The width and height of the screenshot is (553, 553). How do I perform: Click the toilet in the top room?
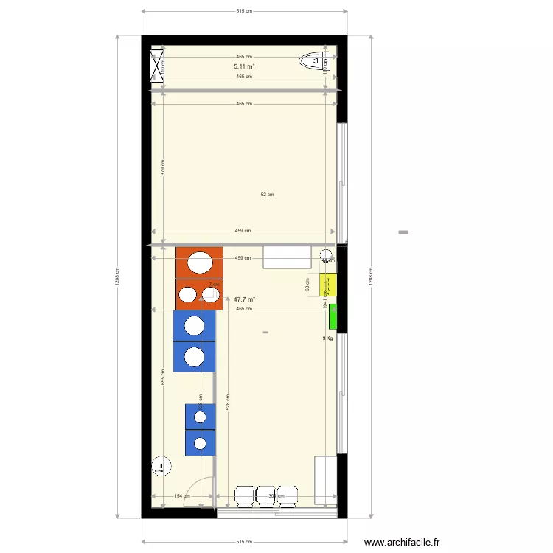[317, 60]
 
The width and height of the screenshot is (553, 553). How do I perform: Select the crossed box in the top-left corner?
[159, 63]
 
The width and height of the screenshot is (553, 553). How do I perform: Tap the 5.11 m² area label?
[245, 66]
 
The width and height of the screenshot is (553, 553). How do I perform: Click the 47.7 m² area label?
[245, 299]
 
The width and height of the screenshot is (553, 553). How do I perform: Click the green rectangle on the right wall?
[333, 316]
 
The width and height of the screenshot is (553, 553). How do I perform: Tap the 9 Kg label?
[327, 338]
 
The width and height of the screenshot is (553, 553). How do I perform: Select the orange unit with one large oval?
[199, 262]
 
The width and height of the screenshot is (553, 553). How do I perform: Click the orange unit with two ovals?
[199, 293]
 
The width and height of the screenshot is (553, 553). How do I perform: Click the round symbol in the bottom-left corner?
[161, 466]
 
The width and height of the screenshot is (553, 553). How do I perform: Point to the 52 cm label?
[267, 195]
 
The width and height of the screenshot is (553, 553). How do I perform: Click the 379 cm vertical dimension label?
[163, 168]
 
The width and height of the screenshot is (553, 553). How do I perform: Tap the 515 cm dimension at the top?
[244, 11]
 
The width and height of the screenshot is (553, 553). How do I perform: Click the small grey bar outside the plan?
[403, 233]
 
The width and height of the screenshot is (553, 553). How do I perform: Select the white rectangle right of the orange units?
[288, 257]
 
